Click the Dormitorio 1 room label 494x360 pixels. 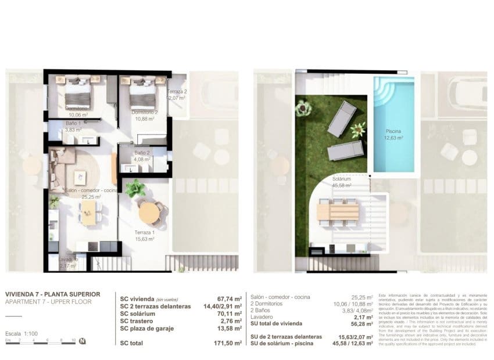coord(76,109)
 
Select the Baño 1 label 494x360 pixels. coord(73,124)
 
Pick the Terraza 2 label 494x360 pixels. coord(176,93)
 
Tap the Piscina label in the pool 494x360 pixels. coord(392,132)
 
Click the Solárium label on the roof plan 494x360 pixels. coord(342,180)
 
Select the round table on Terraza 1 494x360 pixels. coord(149,212)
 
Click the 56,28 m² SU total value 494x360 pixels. coord(360,325)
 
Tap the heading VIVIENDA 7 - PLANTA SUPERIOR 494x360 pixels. coord(52,294)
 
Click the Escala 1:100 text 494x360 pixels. coord(22,334)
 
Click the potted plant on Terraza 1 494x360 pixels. coord(135,188)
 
